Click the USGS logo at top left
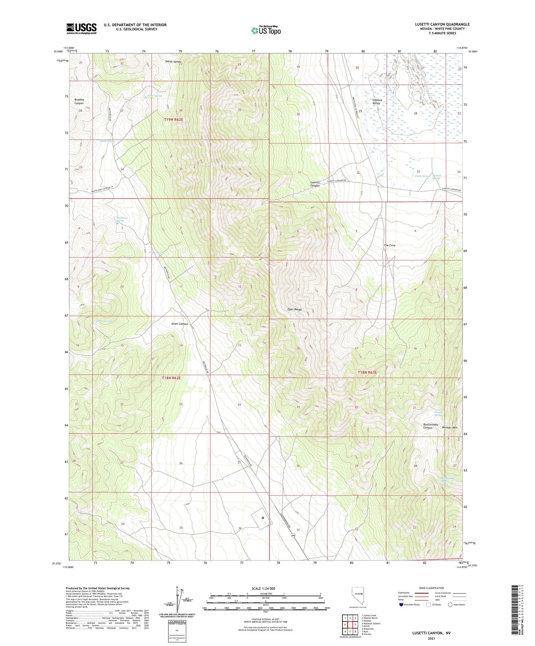click(81, 28)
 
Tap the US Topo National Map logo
click(266, 30)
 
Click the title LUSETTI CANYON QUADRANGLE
click(442, 24)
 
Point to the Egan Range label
click(295, 309)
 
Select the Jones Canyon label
click(179, 324)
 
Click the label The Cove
click(389, 245)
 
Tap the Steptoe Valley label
click(376, 101)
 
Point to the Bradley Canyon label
click(79, 101)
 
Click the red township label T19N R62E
click(174, 120)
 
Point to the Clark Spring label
click(422, 176)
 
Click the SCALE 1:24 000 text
click(263, 588)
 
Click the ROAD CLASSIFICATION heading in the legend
click(431, 588)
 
